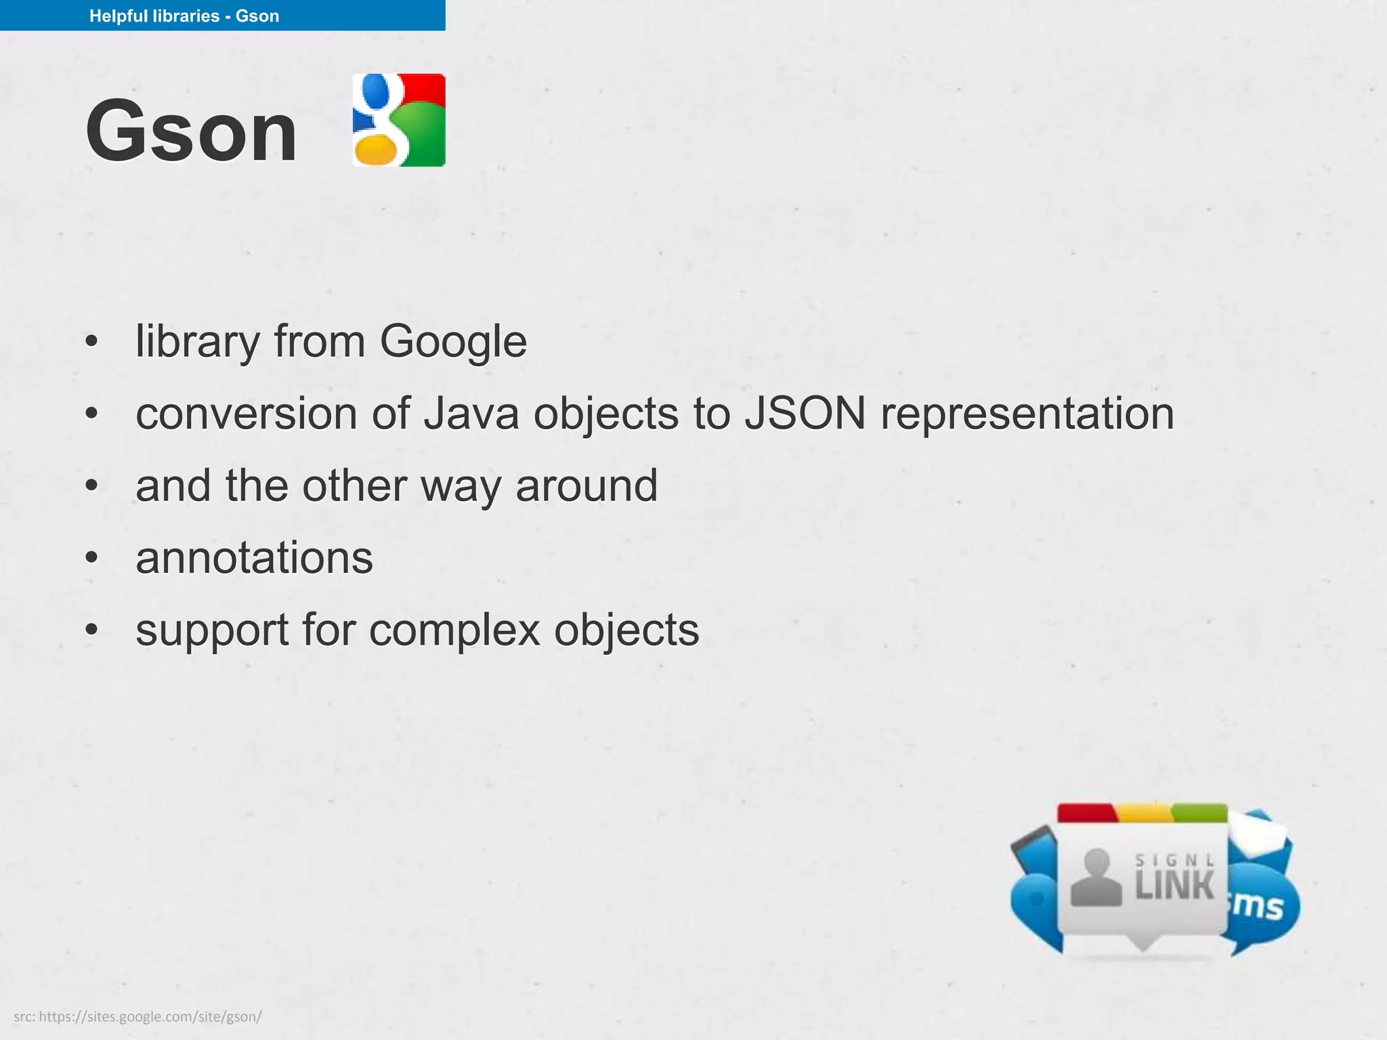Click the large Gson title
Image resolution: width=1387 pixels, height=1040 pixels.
click(191, 131)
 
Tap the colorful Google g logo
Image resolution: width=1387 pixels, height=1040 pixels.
click(399, 120)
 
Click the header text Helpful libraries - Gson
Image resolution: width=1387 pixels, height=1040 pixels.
click(184, 16)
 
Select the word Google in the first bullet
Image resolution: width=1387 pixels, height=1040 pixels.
click(453, 341)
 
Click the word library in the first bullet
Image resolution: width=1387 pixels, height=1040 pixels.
click(197, 341)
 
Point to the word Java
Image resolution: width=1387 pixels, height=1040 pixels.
click(471, 414)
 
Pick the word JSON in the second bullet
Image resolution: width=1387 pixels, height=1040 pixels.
click(805, 414)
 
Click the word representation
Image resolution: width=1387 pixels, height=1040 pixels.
click(1027, 415)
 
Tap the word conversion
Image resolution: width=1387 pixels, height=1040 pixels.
click(246, 414)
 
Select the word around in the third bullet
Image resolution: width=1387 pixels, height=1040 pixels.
click(586, 485)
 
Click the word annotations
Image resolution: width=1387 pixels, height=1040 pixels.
click(254, 558)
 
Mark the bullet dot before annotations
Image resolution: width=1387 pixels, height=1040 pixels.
click(92, 558)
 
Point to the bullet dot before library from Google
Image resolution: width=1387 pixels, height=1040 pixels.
click(92, 342)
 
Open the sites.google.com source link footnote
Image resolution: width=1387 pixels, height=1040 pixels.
click(137, 1016)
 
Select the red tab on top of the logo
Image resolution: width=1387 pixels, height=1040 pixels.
click(1086, 812)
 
